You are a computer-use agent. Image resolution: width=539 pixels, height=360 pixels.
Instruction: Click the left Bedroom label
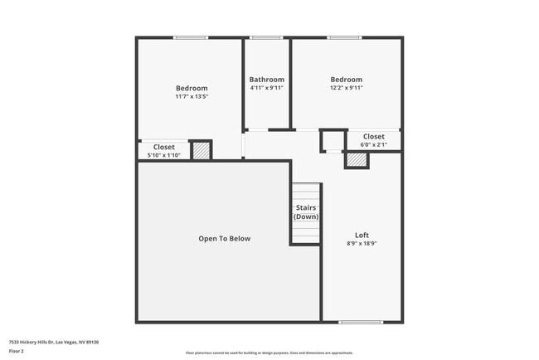pyautogui.click(x=192, y=88)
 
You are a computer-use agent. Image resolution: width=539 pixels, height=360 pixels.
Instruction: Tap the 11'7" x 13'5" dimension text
pyautogui.click(x=192, y=97)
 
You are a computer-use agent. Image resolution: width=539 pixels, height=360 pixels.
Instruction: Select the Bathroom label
pyautogui.click(x=267, y=80)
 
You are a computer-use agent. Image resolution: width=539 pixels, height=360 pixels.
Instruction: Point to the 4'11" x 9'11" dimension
pyautogui.click(x=267, y=88)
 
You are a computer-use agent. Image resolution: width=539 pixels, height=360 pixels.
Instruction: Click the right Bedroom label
pyautogui.click(x=347, y=80)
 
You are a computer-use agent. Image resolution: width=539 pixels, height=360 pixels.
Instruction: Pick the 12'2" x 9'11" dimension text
pyautogui.click(x=347, y=88)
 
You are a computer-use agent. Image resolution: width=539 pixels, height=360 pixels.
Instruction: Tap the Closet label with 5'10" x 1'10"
pyautogui.click(x=164, y=147)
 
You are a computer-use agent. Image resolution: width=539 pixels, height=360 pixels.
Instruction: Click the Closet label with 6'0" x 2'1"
pyautogui.click(x=373, y=136)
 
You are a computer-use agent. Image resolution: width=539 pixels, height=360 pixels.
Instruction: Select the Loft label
pyautogui.click(x=362, y=235)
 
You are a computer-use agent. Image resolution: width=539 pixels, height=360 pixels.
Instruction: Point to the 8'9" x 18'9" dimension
pyautogui.click(x=362, y=244)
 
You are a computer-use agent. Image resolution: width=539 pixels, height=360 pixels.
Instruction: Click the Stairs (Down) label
pyautogui.click(x=306, y=212)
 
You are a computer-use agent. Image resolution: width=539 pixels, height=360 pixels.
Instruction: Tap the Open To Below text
pyautogui.click(x=224, y=239)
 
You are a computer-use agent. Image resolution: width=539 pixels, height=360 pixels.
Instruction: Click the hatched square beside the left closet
pyautogui.click(x=201, y=151)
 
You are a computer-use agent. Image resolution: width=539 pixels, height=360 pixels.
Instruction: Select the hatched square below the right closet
pyautogui.click(x=357, y=159)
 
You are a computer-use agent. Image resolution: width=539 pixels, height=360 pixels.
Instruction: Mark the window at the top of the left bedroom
pyautogui.click(x=191, y=37)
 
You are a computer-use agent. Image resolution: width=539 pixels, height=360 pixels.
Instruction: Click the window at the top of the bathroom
pyautogui.click(x=266, y=37)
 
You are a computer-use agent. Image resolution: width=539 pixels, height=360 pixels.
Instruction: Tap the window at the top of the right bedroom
pyautogui.click(x=343, y=37)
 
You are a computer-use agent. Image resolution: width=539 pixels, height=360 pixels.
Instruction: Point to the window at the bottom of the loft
pyautogui.click(x=361, y=322)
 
